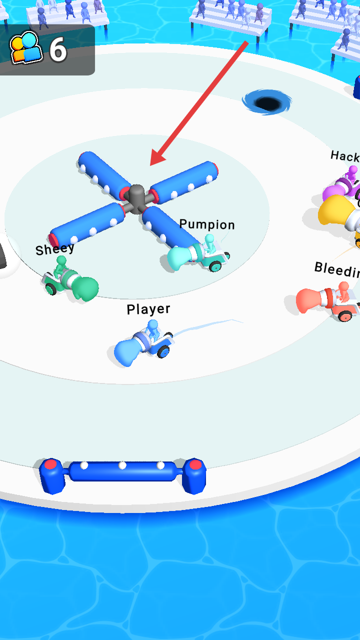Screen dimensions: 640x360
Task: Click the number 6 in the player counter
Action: coord(58,50)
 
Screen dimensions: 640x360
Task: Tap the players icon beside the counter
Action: coord(25,48)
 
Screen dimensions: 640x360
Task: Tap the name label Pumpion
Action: coord(206,224)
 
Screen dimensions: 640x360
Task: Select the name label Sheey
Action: coord(54,248)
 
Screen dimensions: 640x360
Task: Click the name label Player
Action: coord(148,309)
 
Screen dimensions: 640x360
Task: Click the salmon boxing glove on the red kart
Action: coord(311,300)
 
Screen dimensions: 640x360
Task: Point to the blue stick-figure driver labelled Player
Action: coord(152,329)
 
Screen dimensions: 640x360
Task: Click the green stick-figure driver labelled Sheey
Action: coord(61,265)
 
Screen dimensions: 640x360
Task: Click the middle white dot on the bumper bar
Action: coord(122,465)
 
